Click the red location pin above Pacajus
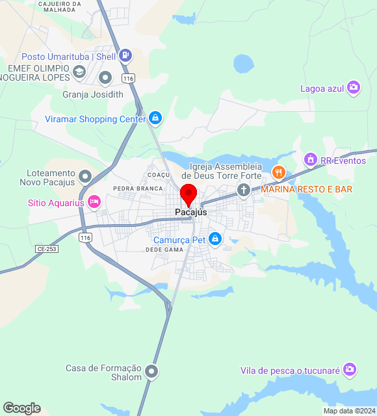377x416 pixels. tap(188, 194)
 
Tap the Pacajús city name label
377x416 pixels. tap(191, 213)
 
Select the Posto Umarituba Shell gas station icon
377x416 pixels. tap(126, 56)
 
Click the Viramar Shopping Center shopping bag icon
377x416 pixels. tap(155, 118)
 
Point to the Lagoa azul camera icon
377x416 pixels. tap(354, 88)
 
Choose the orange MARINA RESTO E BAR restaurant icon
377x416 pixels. tap(279, 173)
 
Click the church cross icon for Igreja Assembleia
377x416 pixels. tap(244, 190)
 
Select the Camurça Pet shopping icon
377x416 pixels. tap(215, 239)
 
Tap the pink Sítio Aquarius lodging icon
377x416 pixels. tap(94, 202)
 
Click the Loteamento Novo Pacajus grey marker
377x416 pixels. tap(84, 176)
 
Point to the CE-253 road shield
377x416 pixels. tap(46, 249)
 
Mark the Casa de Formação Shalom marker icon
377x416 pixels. tap(151, 372)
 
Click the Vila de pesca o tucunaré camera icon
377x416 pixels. tap(350, 369)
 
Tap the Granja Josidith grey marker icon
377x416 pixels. tap(105, 79)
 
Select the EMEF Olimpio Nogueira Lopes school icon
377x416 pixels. tap(79, 71)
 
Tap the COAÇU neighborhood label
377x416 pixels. tap(159, 175)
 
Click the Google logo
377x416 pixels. tap(21, 408)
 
